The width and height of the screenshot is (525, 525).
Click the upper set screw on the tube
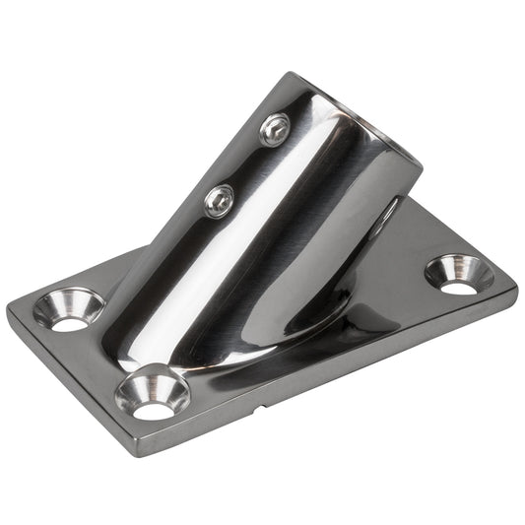point(274,128)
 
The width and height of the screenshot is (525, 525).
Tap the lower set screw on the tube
point(219,201)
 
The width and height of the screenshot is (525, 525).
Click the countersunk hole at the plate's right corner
point(459,273)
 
